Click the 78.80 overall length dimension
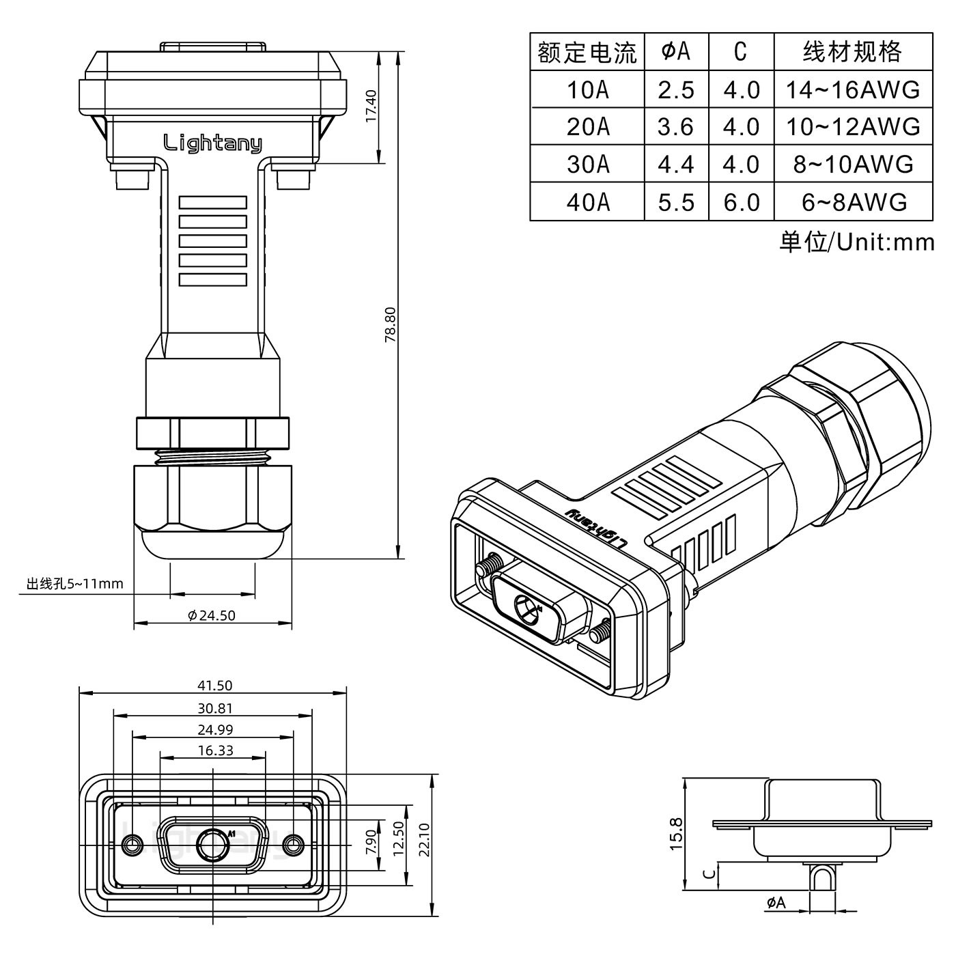pyautogui.click(x=390, y=324)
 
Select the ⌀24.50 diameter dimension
pyautogui.click(x=212, y=615)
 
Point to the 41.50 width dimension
pyautogui.click(x=214, y=685)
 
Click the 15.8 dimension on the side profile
pyautogui.click(x=675, y=834)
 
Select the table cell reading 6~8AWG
pyautogui.click(x=854, y=201)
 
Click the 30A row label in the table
pyautogui.click(x=587, y=164)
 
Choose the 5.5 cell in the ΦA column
pyautogui.click(x=676, y=201)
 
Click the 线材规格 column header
pyautogui.click(x=852, y=52)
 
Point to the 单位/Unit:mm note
pyautogui.click(x=856, y=242)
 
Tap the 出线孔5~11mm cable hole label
pyautogui.click(x=75, y=584)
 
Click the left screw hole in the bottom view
pyautogui.click(x=132, y=845)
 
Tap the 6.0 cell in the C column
pyautogui.click(x=741, y=201)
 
